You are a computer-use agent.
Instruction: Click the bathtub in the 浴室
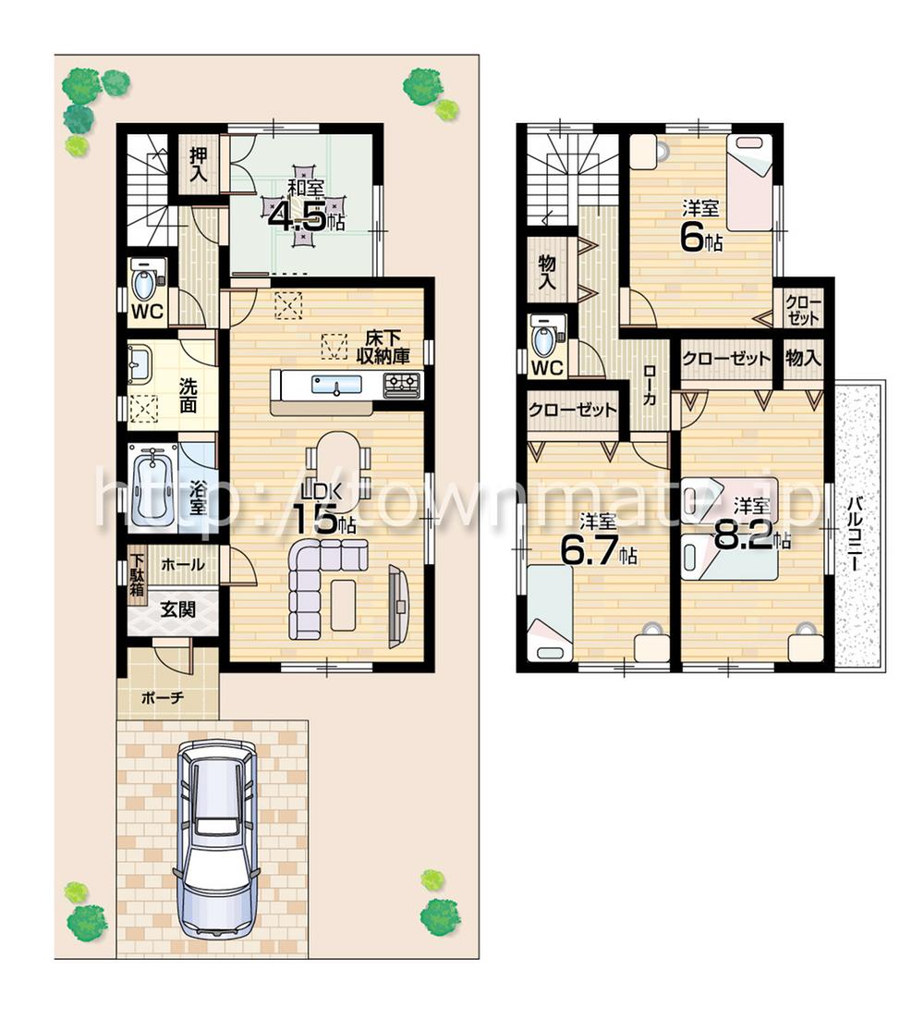coord(151,485)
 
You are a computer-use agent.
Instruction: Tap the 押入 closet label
coord(199,165)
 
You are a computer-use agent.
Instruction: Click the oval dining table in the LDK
coord(337,460)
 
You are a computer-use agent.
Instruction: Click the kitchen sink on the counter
coord(329,385)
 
